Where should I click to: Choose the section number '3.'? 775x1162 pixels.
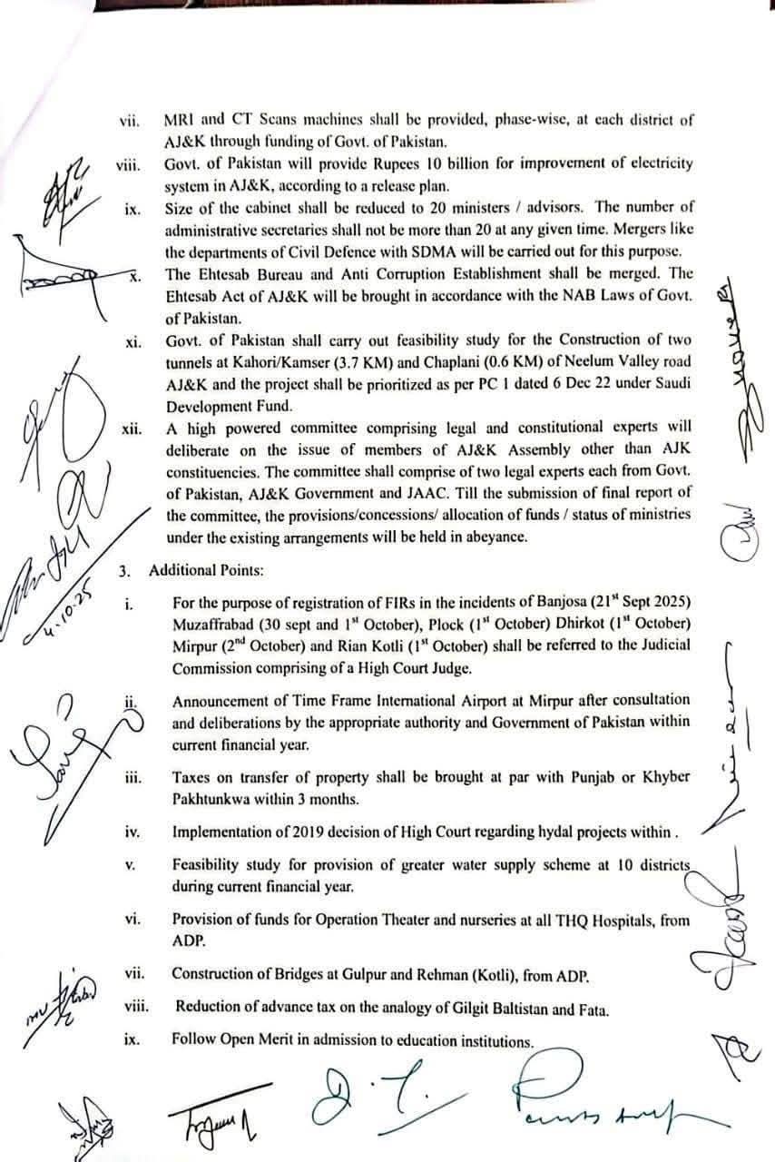point(125,571)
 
